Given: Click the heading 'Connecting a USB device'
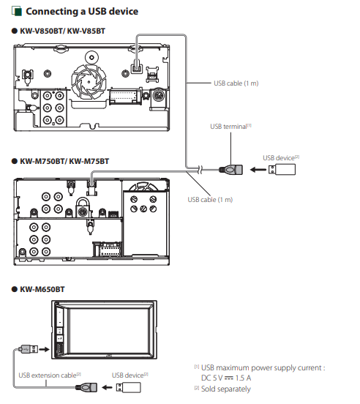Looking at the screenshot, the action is pos(82,12).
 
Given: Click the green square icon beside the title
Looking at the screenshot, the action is pos(17,12).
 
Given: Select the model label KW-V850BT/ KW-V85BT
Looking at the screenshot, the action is pos(63,31).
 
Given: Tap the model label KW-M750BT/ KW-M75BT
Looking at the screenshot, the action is pos(64,161).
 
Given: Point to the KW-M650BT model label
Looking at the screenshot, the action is pos(42,289).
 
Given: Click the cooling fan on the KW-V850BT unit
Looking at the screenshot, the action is pos(89,82).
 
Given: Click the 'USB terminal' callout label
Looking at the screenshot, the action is pos(230,127).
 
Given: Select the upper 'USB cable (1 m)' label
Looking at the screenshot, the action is pos(236,83).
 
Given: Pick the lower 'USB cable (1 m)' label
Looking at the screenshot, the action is pos(210,200).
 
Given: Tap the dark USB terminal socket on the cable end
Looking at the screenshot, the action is pos(231,170).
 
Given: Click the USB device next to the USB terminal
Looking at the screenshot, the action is pos(282,170).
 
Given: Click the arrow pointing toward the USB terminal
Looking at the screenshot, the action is pos(258,170).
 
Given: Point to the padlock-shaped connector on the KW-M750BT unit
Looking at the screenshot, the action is pos(83,208).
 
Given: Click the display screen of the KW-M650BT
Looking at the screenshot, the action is pos(109,331).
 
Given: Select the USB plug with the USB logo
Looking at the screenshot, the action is pos(29,349).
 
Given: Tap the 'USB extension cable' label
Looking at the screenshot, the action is pos(50,375).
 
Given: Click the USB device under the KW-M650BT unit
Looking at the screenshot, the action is pos(129,387).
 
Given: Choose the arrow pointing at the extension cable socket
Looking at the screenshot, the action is pos(107,387).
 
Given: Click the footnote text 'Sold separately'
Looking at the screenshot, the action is pos(226,389).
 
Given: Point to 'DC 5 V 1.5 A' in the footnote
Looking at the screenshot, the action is pos(226,378).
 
